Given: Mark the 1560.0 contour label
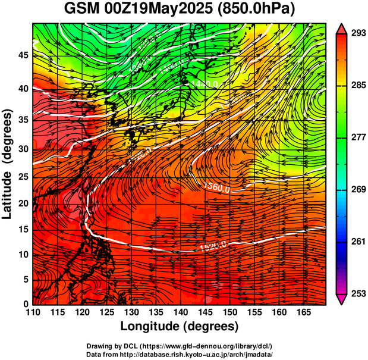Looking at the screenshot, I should (x=217, y=187).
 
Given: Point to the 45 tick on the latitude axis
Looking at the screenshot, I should (x=22, y=55).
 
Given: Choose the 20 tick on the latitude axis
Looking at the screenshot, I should (x=22, y=204).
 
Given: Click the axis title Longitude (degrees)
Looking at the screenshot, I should (x=179, y=327).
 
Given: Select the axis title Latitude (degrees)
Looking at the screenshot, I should (x=8, y=164).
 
